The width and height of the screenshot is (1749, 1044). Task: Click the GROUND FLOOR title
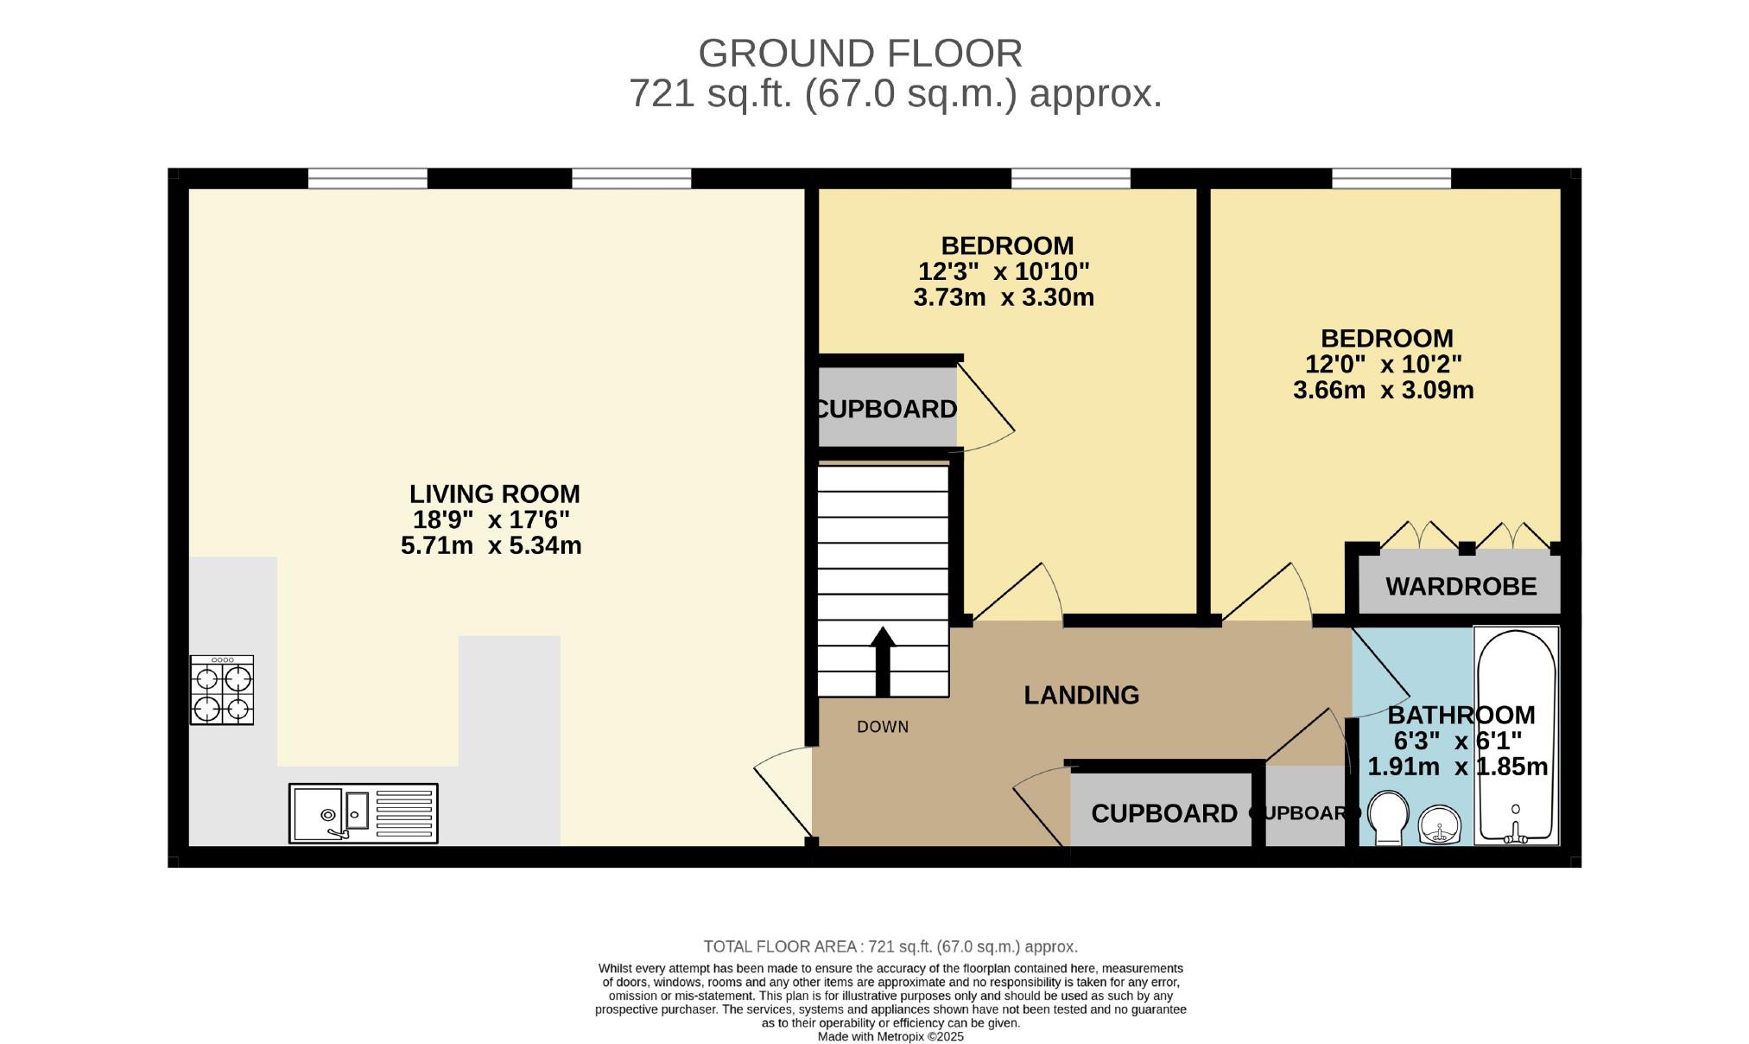(x=860, y=54)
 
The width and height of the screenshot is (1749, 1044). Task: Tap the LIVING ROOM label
(x=495, y=494)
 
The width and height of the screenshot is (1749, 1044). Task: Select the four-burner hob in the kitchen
(x=222, y=690)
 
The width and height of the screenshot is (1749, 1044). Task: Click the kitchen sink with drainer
(x=364, y=813)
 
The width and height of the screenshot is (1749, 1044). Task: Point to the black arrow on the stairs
(x=883, y=661)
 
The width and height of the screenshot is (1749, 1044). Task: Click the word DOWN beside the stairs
(x=883, y=727)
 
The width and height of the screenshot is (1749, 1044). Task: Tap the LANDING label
(x=1081, y=695)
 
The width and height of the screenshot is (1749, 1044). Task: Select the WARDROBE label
(x=1461, y=587)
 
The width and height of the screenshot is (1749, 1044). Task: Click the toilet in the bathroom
(x=1389, y=817)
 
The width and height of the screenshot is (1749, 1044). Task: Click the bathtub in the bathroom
(x=1517, y=735)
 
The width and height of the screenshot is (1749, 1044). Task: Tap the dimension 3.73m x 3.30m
(x=1004, y=298)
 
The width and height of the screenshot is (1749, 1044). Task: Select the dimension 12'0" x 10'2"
(x=1384, y=364)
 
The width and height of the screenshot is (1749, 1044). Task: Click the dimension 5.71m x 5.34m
(x=491, y=546)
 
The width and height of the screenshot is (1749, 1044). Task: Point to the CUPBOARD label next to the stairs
(x=887, y=409)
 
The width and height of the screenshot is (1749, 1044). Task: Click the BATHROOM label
(x=1461, y=715)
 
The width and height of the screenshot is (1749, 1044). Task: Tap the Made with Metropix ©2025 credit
(x=890, y=1036)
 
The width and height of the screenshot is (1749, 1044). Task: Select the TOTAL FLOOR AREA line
(x=890, y=946)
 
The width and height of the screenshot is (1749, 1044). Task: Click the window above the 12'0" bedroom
(x=1391, y=179)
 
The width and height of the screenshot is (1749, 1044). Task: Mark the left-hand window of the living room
(x=368, y=179)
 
